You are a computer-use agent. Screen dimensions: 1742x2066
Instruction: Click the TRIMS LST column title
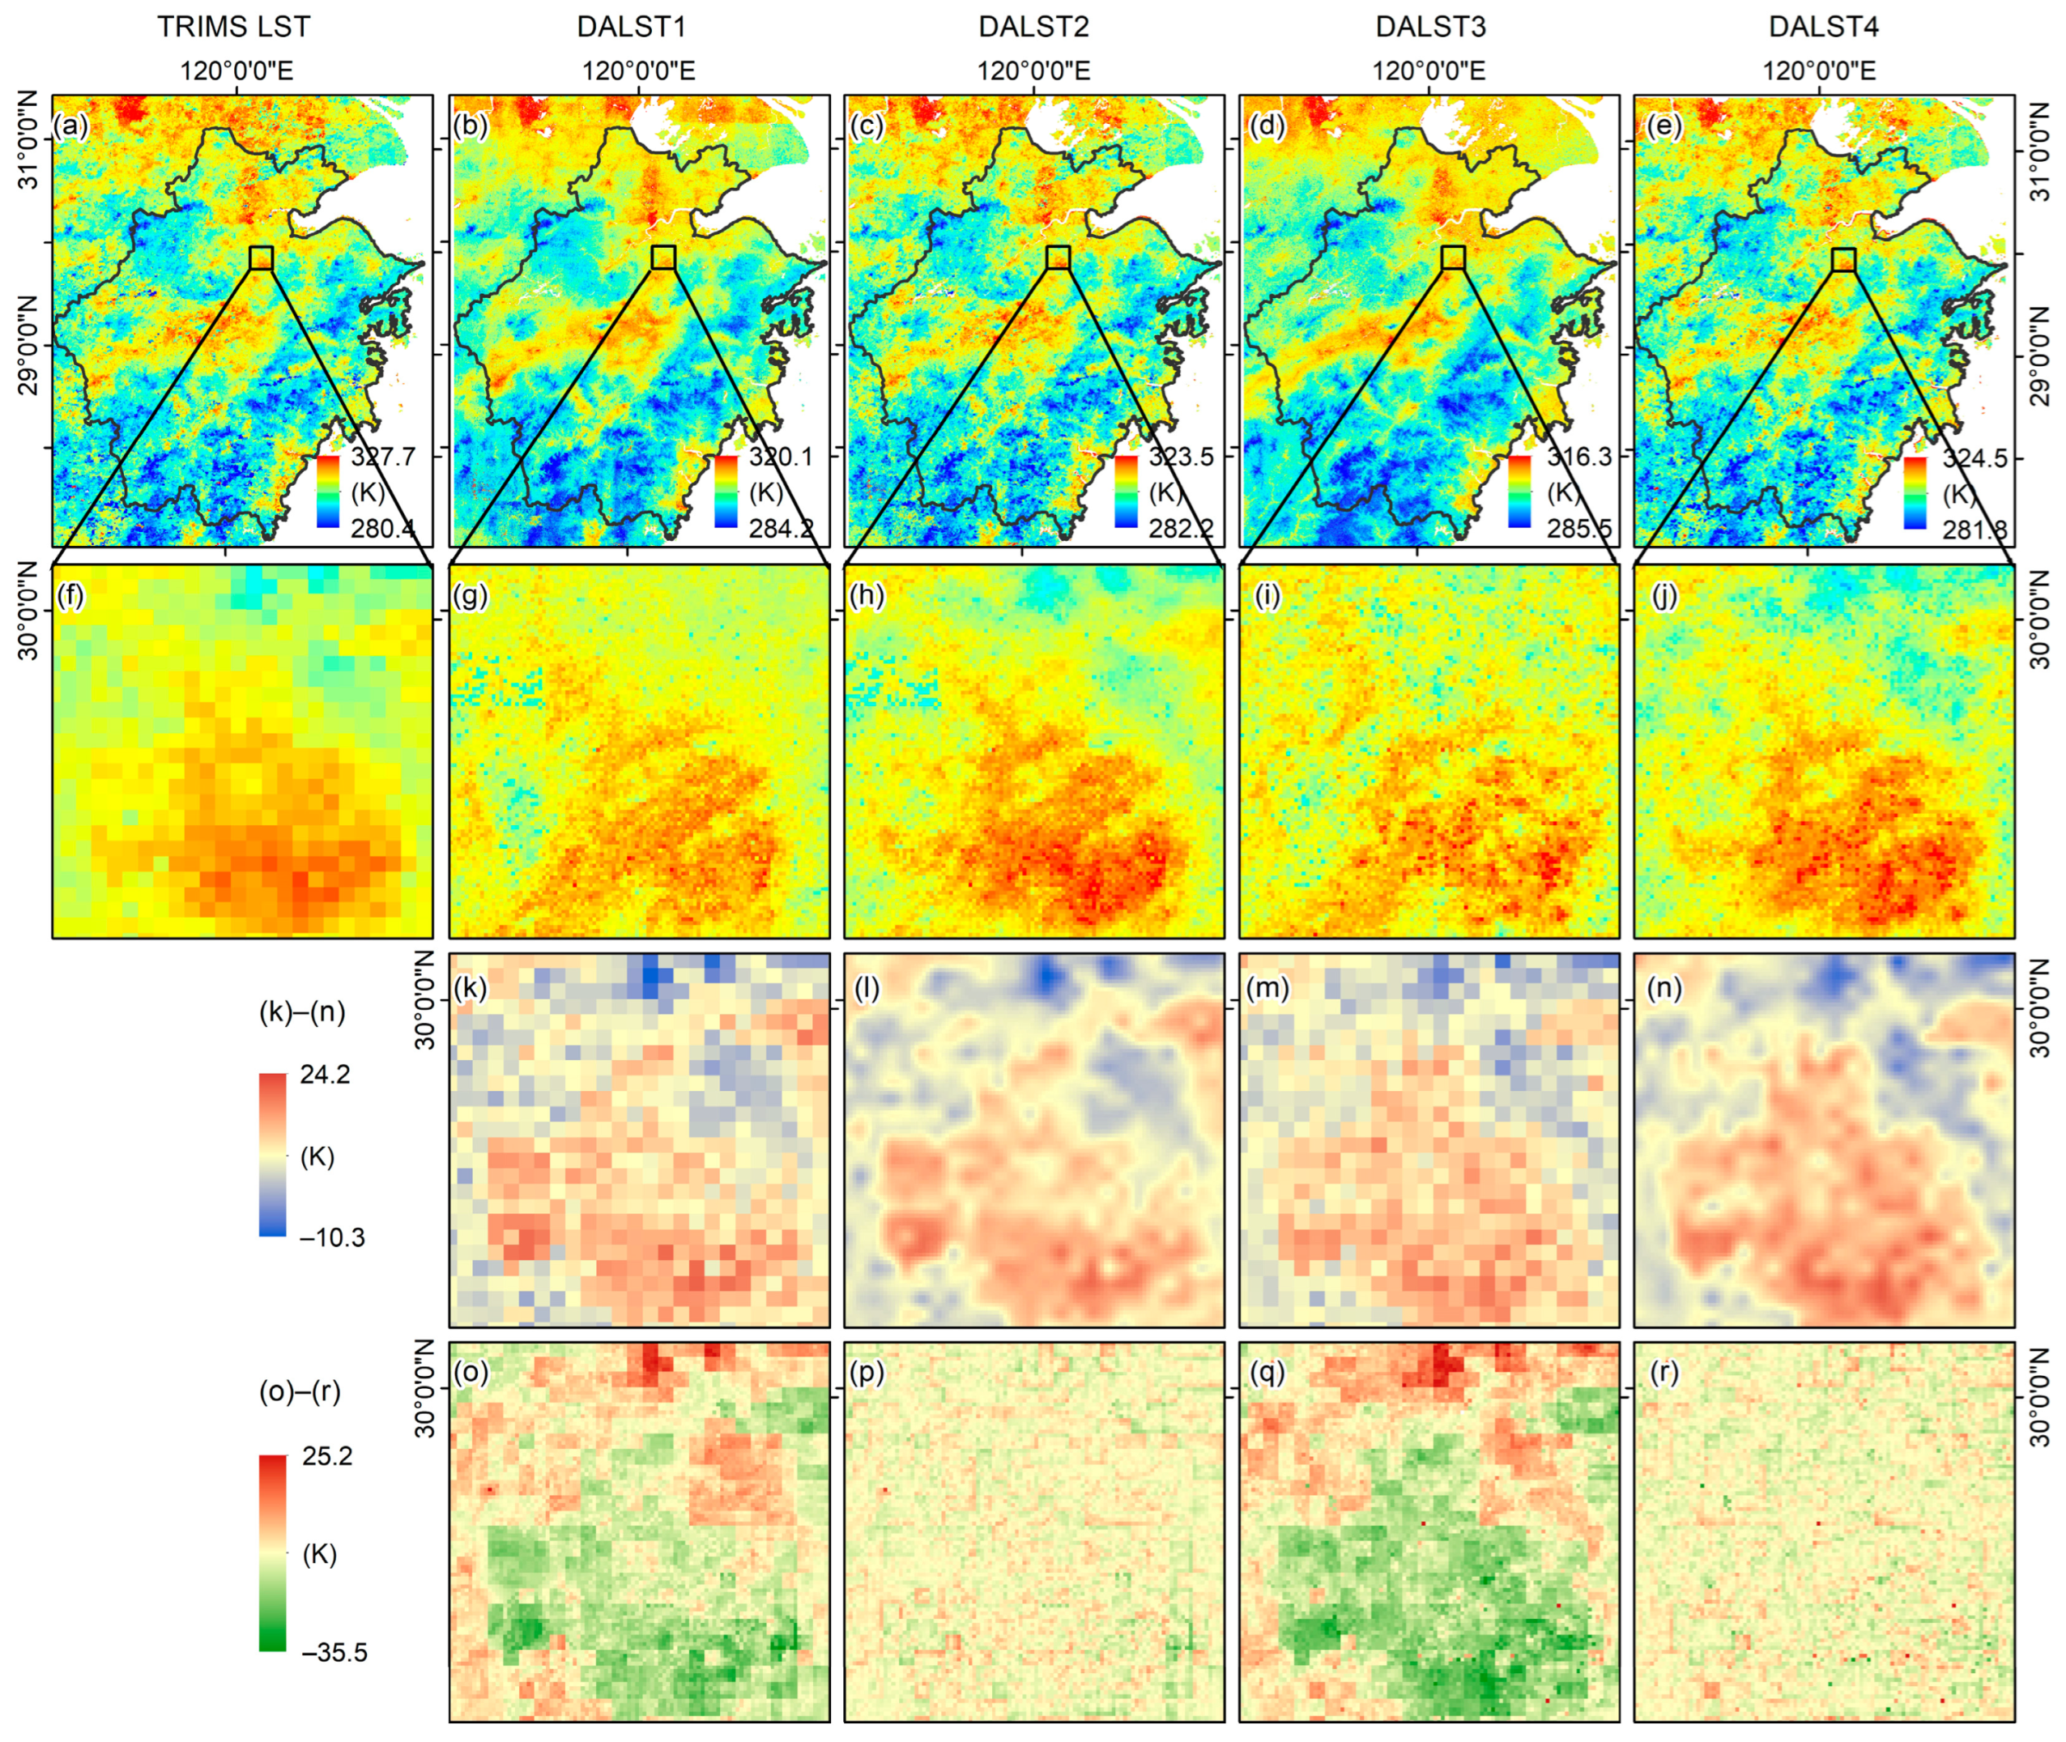[x=233, y=27]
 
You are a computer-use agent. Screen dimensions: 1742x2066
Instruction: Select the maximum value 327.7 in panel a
[x=383, y=456]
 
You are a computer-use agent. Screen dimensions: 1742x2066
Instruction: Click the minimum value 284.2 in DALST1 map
[x=780, y=528]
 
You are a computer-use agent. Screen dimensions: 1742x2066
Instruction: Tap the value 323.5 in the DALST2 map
[x=1180, y=456]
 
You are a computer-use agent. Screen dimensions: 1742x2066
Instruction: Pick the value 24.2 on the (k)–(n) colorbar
[x=325, y=1075]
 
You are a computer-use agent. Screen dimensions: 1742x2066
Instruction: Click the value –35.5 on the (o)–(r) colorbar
[x=333, y=1652]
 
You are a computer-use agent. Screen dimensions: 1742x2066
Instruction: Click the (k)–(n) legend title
[x=301, y=1012]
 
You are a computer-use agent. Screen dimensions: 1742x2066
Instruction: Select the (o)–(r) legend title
[x=299, y=1392]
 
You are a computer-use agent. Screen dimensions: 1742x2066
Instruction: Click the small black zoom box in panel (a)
[x=261, y=258]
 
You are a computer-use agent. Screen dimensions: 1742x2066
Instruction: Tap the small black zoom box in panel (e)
[x=1842, y=260]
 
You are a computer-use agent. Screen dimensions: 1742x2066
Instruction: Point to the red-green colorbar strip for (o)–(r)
[x=273, y=1552]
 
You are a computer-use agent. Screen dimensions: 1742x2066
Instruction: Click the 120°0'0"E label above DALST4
[x=1819, y=71]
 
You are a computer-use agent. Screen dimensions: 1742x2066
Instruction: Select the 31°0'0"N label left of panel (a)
[x=30, y=140]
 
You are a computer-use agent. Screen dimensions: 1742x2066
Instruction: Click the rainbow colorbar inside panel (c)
[x=1125, y=491]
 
